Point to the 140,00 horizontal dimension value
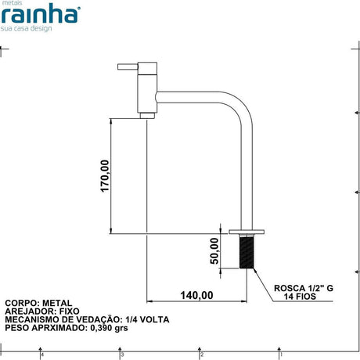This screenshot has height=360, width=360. [x=196, y=295]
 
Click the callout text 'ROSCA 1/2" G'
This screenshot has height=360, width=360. [x=304, y=288]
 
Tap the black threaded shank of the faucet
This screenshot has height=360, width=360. [x=249, y=252]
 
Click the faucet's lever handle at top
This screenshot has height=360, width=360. [x=128, y=67]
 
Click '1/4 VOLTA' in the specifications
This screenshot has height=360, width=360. [x=146, y=320]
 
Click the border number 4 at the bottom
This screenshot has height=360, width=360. [x=41, y=355]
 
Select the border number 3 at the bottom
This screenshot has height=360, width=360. [x=122, y=355]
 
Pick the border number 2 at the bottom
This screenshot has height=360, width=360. [x=202, y=355]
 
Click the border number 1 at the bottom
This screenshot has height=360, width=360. [x=281, y=355]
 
